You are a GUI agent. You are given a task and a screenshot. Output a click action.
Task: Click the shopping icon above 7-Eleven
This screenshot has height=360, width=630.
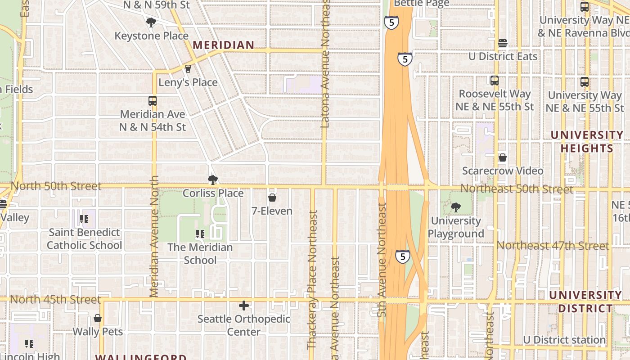(x=272, y=198)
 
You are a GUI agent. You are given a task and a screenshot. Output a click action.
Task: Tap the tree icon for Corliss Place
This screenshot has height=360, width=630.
(x=213, y=180)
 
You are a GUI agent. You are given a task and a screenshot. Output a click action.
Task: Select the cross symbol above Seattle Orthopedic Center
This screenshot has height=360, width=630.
(x=244, y=306)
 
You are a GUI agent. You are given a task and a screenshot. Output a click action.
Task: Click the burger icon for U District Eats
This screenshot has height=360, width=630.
(x=503, y=43)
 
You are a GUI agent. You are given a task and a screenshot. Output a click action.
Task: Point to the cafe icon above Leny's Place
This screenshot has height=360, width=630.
(x=188, y=69)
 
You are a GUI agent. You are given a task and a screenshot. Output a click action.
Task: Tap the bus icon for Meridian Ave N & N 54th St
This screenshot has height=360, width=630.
(x=153, y=101)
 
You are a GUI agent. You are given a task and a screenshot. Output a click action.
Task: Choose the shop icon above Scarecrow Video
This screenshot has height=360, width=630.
(x=503, y=157)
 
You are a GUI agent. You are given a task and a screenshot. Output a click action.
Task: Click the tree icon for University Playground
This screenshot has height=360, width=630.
(x=456, y=207)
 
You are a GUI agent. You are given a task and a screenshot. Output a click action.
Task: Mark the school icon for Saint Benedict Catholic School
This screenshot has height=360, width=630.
(x=84, y=219)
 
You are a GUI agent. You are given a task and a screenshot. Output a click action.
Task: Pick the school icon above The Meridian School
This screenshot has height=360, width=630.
(x=200, y=234)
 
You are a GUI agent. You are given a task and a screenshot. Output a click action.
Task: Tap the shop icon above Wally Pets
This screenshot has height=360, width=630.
(x=98, y=319)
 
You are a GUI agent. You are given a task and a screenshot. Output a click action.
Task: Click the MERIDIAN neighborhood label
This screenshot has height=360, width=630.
(x=224, y=45)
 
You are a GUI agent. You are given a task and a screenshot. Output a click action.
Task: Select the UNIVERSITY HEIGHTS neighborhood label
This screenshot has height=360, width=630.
(x=587, y=142)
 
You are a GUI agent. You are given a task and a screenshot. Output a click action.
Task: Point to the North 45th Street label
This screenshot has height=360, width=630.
(x=55, y=299)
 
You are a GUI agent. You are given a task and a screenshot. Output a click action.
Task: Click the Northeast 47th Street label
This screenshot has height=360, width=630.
(x=553, y=246)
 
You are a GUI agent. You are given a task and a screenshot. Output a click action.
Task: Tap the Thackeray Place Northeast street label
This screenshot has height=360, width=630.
(x=312, y=279)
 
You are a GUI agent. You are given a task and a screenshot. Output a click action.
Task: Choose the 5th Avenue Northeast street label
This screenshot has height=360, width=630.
(x=382, y=260)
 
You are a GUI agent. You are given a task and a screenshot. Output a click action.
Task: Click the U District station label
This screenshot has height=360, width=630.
(x=564, y=340)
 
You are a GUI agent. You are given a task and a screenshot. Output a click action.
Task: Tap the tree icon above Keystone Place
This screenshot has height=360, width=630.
(x=151, y=22)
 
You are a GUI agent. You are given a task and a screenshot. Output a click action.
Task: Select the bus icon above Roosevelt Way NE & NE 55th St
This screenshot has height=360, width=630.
(x=495, y=81)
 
